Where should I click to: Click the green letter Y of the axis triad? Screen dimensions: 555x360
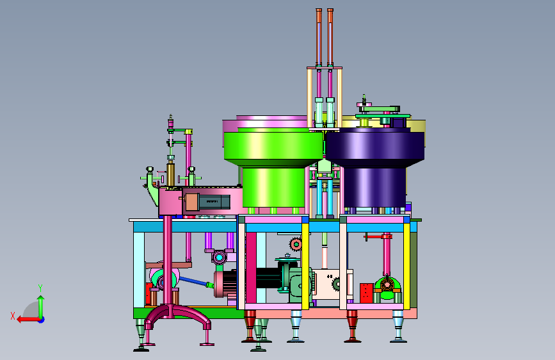[x=40, y=288]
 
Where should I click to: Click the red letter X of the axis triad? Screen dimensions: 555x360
[x=13, y=316]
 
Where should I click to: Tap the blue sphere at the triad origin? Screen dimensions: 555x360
[x=42, y=320]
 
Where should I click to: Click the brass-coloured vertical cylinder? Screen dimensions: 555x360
[x=171, y=174]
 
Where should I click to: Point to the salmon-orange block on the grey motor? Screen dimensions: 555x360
[x=191, y=202]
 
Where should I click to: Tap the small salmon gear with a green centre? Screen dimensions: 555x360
[x=296, y=244]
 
